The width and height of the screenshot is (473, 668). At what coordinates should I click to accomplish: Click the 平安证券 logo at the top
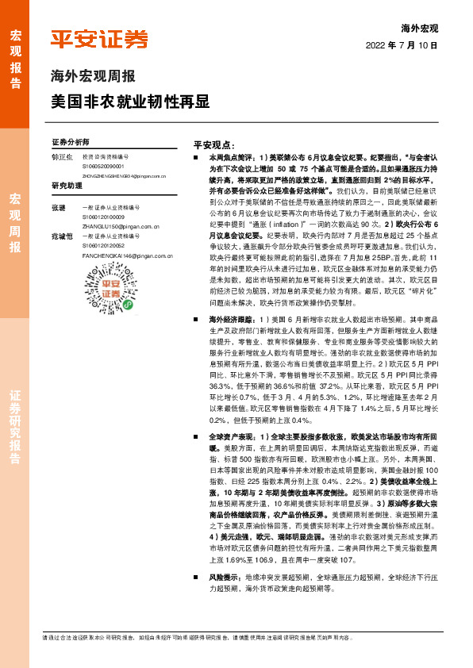tap(99, 39)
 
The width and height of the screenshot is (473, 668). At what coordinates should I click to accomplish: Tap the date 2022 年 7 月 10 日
tap(402, 46)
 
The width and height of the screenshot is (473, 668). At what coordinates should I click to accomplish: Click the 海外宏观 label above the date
tap(420, 28)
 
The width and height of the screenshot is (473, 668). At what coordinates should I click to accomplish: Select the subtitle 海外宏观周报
tap(93, 77)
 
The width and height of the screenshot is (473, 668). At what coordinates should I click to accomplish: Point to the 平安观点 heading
tap(214, 146)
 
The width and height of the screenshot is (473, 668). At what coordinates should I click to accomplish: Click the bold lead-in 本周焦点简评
tap(230, 159)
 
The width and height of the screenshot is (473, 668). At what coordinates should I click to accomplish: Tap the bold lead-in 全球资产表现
tap(230, 436)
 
